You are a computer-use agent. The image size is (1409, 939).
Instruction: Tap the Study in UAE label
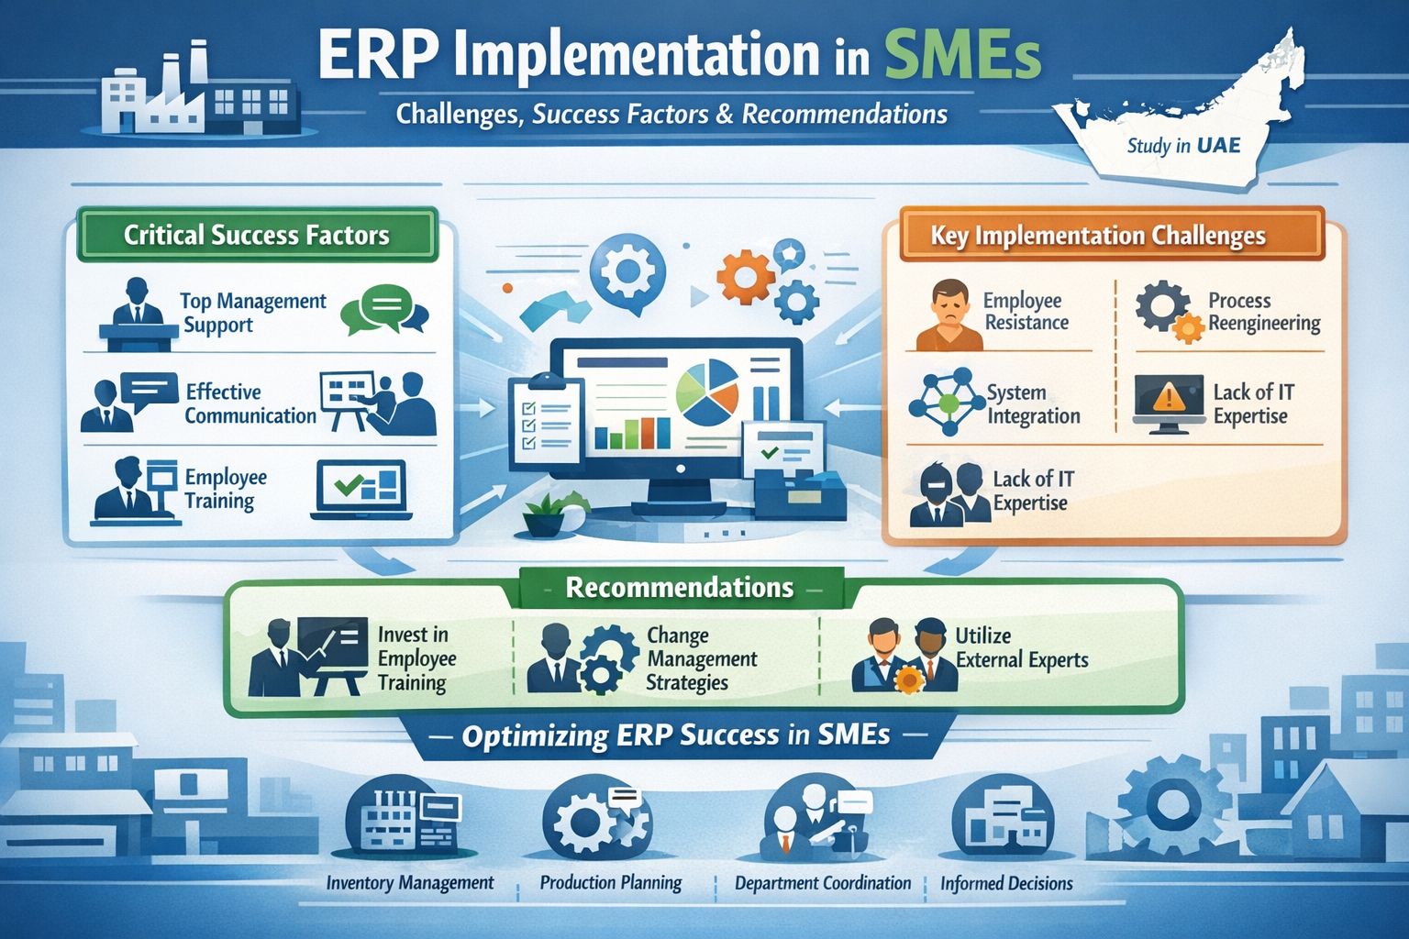(x=1183, y=146)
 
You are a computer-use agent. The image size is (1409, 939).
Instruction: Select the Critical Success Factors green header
(x=257, y=235)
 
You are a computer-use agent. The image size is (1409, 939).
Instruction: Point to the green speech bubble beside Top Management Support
(x=383, y=309)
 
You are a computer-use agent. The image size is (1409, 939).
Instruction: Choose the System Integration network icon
(x=947, y=402)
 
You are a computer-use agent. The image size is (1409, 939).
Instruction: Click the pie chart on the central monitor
(x=707, y=392)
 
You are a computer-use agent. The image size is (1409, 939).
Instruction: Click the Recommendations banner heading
(x=680, y=588)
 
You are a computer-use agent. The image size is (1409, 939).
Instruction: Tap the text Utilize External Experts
(x=1022, y=647)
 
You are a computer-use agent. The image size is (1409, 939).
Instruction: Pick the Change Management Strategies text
(x=702, y=658)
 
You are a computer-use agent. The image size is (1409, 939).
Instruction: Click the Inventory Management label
(x=409, y=883)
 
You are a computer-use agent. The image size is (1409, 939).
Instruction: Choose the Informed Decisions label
(x=1006, y=884)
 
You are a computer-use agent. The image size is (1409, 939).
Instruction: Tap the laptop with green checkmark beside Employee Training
(x=361, y=490)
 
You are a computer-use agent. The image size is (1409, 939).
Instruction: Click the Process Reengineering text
(x=1264, y=312)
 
